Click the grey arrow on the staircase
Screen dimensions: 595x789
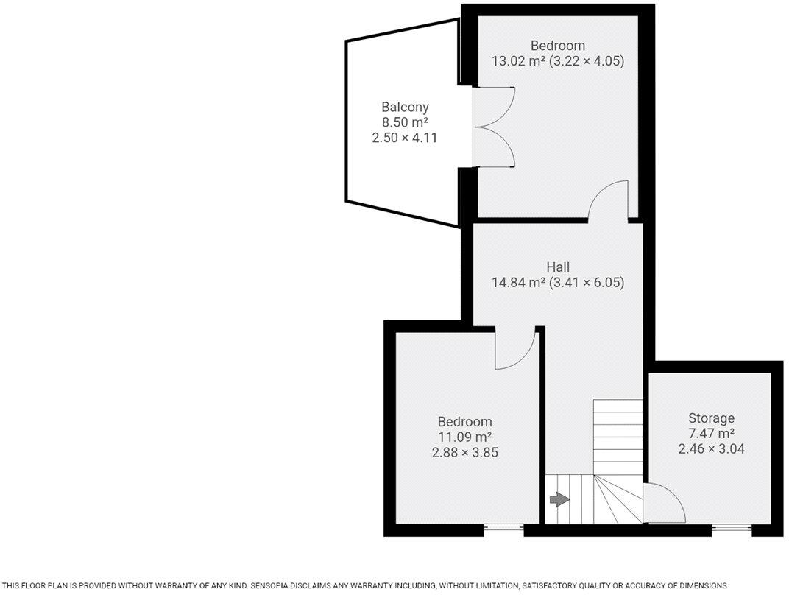[x=559, y=500]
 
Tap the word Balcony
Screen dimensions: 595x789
[x=405, y=107]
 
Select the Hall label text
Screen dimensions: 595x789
[x=558, y=267]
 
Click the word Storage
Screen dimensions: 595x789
[x=711, y=418]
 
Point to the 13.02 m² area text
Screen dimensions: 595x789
[x=518, y=61]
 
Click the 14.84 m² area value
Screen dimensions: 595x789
[x=518, y=282]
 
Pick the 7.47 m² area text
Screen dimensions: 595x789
[x=711, y=433]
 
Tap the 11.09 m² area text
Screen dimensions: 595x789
[x=464, y=437]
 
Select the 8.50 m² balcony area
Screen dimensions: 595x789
[x=405, y=122]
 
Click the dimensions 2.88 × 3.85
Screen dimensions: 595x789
[x=464, y=452]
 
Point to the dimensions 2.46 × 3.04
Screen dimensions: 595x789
[x=711, y=448]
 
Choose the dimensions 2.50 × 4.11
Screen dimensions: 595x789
[x=405, y=136]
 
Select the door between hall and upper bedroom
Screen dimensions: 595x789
[x=608, y=202]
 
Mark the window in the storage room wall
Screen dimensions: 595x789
[x=732, y=527]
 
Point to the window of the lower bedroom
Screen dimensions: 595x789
[x=504, y=527]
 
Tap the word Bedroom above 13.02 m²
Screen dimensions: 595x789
[x=558, y=46]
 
